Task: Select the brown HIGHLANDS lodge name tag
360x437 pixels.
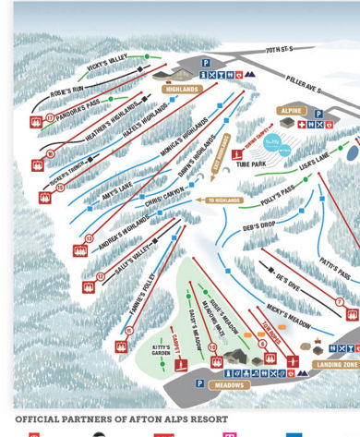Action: [x=182, y=90]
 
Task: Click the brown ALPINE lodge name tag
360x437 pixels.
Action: [x=290, y=110]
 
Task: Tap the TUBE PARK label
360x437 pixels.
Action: [x=250, y=165]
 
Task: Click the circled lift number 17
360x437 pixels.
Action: [x=49, y=117]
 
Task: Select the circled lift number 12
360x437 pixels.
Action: [x=100, y=276]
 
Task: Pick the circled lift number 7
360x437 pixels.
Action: [x=340, y=302]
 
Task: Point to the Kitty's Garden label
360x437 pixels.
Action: [x=162, y=352]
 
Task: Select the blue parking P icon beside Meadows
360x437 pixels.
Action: [x=199, y=382]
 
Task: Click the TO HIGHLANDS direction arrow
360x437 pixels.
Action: [x=219, y=200]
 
